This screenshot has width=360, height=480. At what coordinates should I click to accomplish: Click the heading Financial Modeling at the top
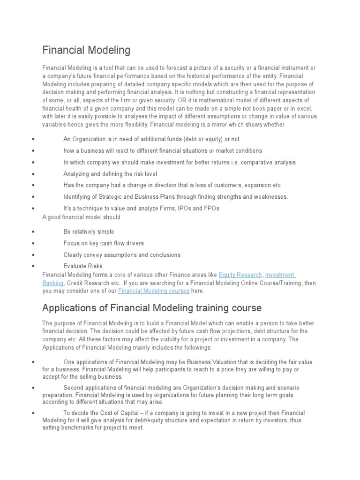click(x=86, y=50)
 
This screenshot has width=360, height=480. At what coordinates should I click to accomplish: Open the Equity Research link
click(x=240, y=275)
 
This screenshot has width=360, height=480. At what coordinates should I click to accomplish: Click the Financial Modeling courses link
click(x=154, y=291)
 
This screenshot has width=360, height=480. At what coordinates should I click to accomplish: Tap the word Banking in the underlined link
click(x=53, y=283)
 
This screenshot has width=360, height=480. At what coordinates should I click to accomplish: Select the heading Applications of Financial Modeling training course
click(x=152, y=308)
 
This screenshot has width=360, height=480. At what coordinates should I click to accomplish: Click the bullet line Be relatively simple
click(x=89, y=232)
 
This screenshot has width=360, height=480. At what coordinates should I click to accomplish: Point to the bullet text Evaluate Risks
click(x=82, y=266)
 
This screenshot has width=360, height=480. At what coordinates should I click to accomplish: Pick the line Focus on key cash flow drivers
click(x=104, y=243)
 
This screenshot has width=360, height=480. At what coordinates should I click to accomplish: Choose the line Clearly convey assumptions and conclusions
click(x=122, y=255)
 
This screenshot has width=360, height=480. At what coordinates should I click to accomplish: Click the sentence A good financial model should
click(x=81, y=217)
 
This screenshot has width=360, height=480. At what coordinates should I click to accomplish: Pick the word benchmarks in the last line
click(x=81, y=428)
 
